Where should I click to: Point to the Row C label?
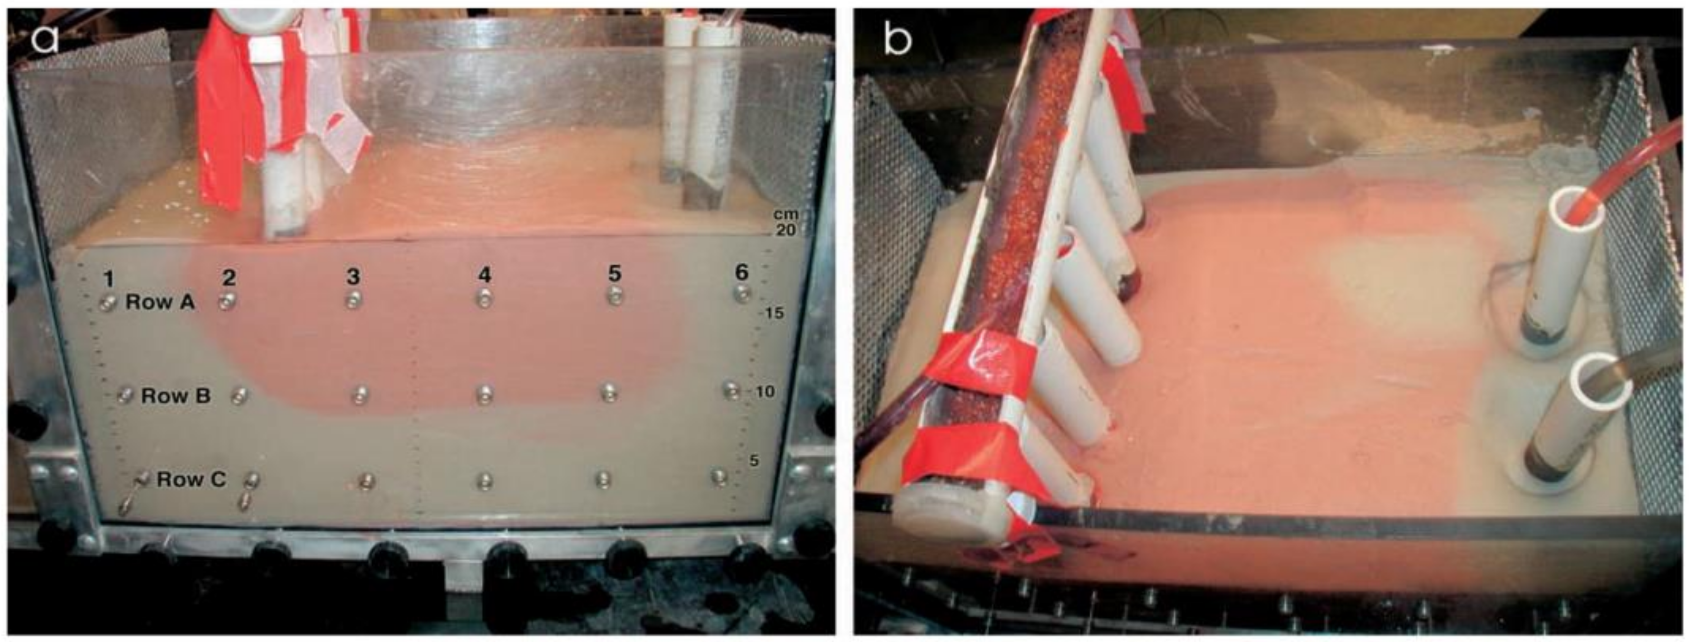(191, 480)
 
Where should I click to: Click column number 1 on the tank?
(108, 279)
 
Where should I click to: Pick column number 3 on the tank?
(354, 276)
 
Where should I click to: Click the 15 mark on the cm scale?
(775, 313)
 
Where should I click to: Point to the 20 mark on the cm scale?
(785, 231)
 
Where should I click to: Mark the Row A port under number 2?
(227, 302)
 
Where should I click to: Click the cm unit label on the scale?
(786, 214)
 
